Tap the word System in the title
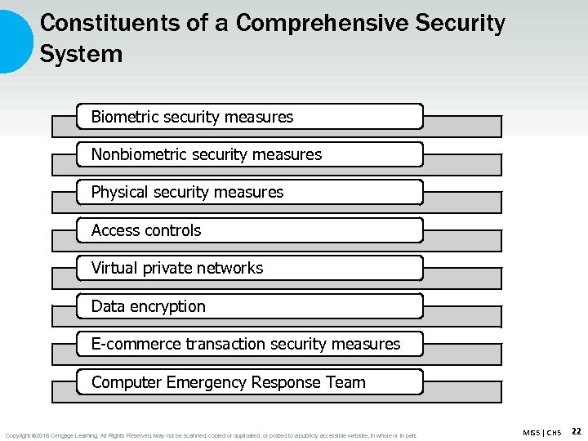tap(81, 55)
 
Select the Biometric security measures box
tap(250, 117)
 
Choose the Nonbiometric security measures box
tap(250, 154)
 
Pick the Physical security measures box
tap(250, 192)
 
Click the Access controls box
tap(250, 230)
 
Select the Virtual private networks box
tap(250, 268)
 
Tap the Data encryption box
tap(250, 306)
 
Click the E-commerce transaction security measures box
tap(250, 344)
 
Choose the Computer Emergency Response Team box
tap(250, 382)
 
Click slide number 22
tap(576, 431)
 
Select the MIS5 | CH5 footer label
tap(541, 432)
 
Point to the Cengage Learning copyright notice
tap(211, 435)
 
